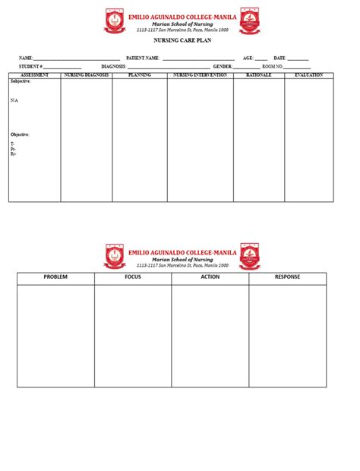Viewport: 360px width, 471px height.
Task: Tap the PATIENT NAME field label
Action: [143, 58]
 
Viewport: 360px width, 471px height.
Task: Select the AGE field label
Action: [248, 58]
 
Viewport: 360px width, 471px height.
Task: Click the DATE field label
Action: [279, 58]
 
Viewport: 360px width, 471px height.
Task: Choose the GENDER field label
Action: [223, 67]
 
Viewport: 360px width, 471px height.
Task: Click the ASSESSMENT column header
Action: [35, 75]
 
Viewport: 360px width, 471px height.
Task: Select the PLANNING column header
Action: [140, 75]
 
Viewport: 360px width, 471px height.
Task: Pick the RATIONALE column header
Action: [258, 75]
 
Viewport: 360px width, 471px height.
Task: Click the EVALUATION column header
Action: [308, 75]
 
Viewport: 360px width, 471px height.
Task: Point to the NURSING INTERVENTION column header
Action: [200, 75]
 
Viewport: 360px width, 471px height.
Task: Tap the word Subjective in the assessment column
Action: [20, 81]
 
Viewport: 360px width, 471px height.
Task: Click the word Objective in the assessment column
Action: [20, 134]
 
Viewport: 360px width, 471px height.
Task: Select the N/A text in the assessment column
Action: [14, 100]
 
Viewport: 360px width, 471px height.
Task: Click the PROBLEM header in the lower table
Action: [55, 277]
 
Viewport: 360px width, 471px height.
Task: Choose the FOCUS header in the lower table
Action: [133, 277]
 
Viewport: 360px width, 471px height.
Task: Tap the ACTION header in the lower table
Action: [210, 277]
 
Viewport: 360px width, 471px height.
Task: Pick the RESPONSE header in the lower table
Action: [287, 277]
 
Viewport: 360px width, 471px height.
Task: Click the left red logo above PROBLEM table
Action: [115, 256]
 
